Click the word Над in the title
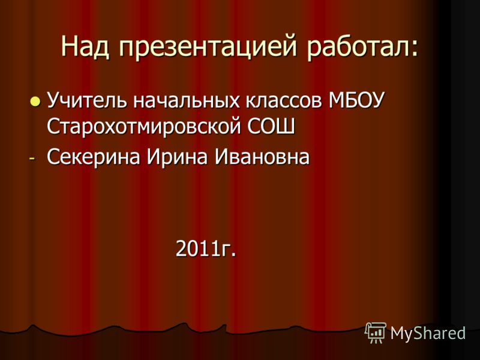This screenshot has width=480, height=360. [85, 47]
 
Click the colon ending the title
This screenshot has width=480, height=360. [413, 50]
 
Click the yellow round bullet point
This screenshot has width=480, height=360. [35, 101]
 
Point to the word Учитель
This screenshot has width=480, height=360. [87, 100]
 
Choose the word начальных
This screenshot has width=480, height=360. [186, 101]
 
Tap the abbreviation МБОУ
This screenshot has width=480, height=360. [356, 100]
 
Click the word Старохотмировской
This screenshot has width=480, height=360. [144, 126]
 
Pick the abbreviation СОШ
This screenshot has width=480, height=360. [271, 126]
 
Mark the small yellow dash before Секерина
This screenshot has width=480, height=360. [32, 159]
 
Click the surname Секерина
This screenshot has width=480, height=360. [94, 157]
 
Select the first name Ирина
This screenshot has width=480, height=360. [177, 157]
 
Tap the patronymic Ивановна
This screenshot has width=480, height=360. [262, 157]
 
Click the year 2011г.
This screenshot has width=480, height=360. [206, 248]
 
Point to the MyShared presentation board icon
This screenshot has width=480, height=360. [376, 333]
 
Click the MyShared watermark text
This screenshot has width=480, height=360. [428, 333]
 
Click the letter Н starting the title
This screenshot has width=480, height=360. [69, 47]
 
